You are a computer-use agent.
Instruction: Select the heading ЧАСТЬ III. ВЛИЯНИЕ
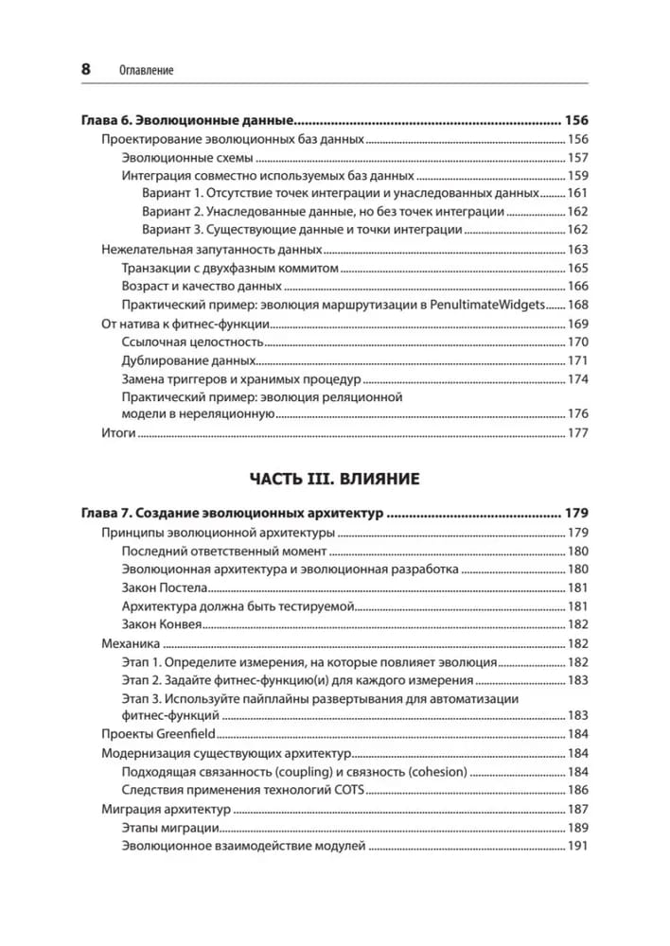point(334,479)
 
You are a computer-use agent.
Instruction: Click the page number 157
point(577,158)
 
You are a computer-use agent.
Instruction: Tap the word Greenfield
point(189,734)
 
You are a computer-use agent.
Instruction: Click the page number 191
point(577,845)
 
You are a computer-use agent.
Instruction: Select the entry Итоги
point(118,432)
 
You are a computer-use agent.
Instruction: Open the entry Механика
point(126,643)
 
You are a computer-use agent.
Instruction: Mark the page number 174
point(577,378)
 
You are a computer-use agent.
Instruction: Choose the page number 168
point(577,305)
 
